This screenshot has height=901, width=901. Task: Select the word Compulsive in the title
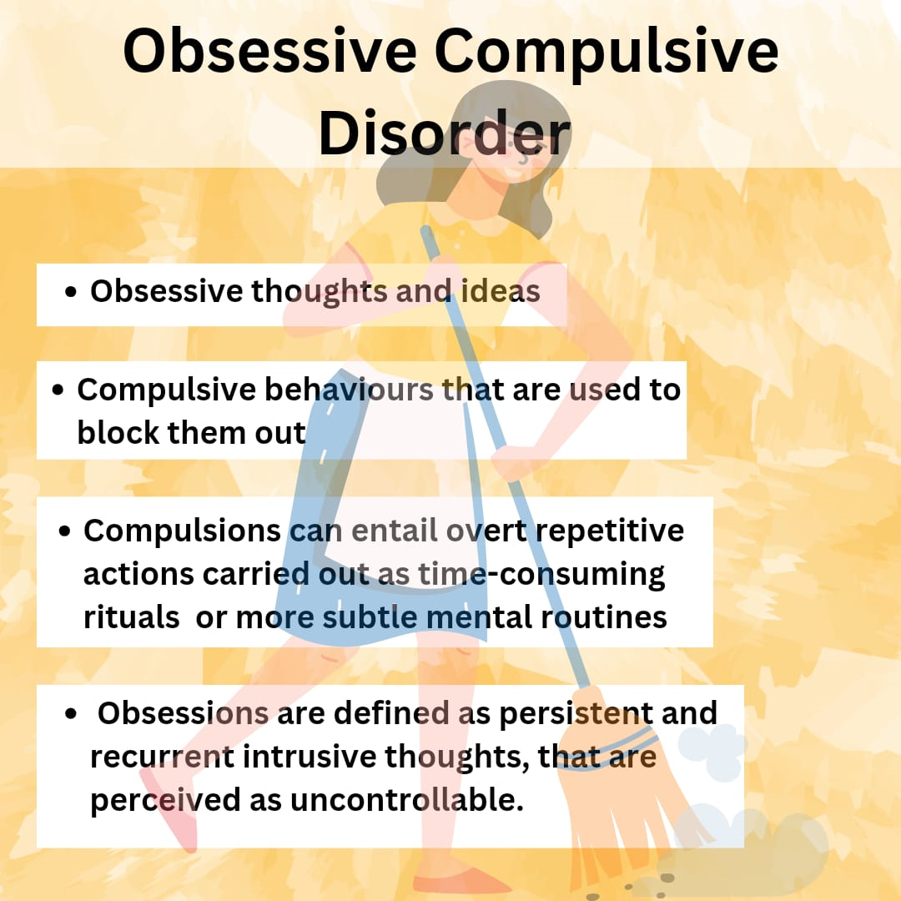[x=606, y=52]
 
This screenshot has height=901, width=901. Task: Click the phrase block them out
[x=191, y=432]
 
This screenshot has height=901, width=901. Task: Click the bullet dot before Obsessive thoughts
[x=72, y=293]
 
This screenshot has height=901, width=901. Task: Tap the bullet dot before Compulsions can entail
[x=66, y=531]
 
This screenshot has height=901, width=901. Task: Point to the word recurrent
[x=162, y=757]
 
